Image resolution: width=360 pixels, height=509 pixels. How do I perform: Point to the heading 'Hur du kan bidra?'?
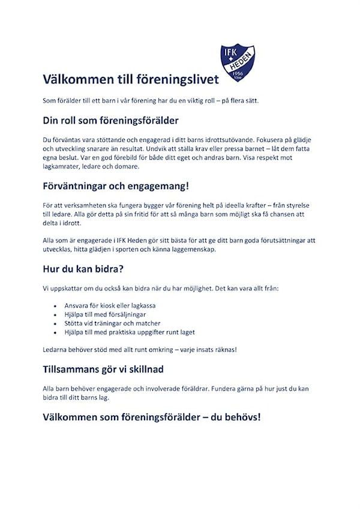83,268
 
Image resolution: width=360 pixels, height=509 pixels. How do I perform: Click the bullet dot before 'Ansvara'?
55,306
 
